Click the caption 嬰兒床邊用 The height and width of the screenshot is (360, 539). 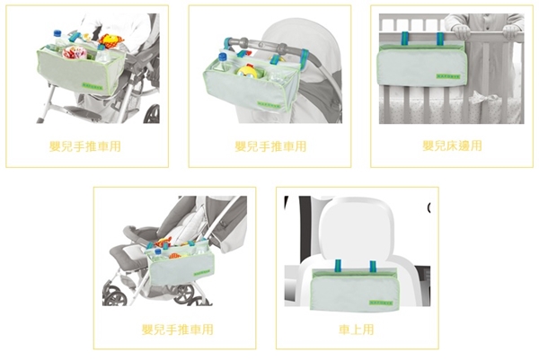coord(452,145)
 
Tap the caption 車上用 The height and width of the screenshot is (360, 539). coord(357,329)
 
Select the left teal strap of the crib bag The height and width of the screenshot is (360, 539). coord(403,40)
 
